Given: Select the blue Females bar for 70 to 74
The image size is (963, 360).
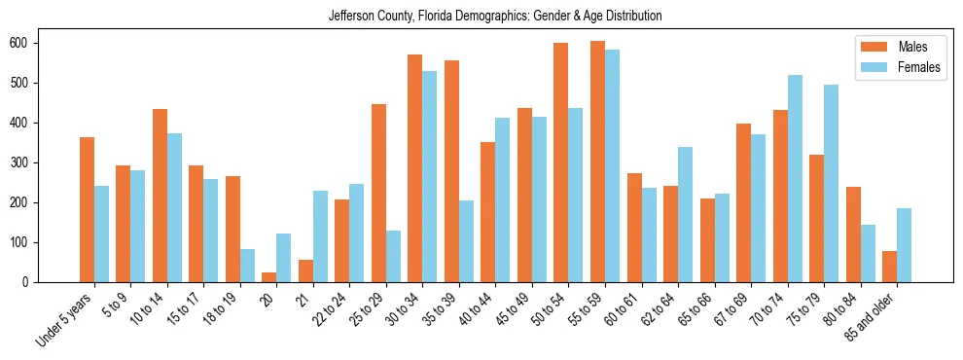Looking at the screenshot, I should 795,178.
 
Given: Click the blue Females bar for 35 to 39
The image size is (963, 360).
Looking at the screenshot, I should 466,241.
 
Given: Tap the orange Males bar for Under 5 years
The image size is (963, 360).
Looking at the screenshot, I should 88,209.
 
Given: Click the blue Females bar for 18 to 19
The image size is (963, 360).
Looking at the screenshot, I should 247,266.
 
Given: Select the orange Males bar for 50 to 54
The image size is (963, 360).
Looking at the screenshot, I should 561,162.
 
